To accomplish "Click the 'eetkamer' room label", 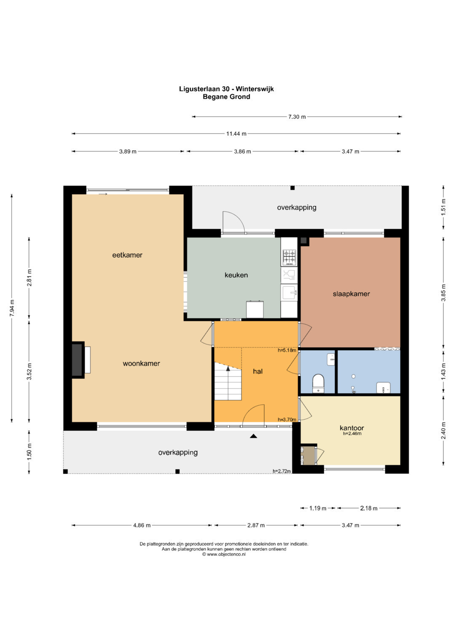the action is pos(127,255).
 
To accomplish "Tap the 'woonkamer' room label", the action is pos(141,363).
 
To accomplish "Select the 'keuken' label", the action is pos(236,275).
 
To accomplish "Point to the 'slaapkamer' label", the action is pos(351,294).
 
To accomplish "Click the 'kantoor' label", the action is pos(352,428).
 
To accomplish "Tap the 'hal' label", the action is pos(258,371).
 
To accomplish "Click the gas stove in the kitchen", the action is pos(289,257).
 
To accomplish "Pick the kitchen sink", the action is pos(289,293).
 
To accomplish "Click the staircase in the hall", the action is pos(228,381).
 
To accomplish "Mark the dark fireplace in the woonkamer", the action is pos(78,360).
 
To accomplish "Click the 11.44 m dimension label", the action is pos(236,133).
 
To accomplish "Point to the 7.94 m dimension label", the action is pos(12,308).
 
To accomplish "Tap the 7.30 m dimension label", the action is pos(297,117).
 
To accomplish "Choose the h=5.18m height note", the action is pos(286,350).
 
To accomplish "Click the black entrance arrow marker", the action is pos(253,436).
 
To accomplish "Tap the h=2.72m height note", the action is pos(282,471).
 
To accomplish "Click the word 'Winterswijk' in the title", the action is pos(255,89).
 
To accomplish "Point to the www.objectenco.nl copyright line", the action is pos(224,554).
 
